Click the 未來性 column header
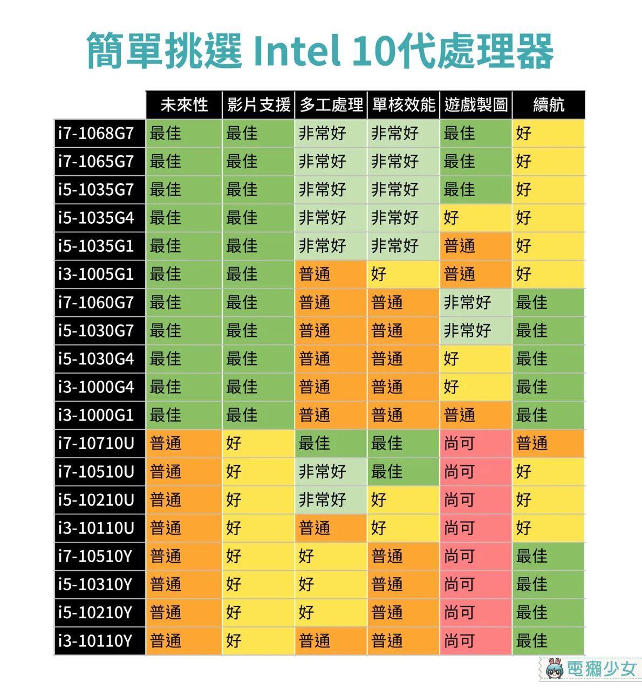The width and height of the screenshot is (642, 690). point(184,105)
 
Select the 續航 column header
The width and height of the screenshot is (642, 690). point(549,105)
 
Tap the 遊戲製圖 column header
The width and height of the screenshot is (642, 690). point(476,105)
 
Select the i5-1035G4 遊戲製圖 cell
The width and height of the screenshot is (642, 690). point(476,218)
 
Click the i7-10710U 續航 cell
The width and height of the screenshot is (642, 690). point(549,444)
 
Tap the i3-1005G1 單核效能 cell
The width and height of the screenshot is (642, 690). point(404,274)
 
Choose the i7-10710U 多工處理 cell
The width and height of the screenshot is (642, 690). point(331,444)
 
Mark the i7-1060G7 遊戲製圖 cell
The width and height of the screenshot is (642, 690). point(476,302)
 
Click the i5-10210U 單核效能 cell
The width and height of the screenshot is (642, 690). point(404,500)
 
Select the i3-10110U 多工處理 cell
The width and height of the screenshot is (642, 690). point(331,528)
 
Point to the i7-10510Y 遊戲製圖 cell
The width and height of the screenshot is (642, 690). point(476,556)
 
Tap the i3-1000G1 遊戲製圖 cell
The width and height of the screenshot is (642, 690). point(476,415)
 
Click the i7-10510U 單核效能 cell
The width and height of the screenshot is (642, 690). point(404,472)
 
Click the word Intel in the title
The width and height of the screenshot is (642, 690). point(297,50)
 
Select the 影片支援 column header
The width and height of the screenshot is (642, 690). point(258,105)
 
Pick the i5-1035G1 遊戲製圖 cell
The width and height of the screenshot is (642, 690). point(476,246)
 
